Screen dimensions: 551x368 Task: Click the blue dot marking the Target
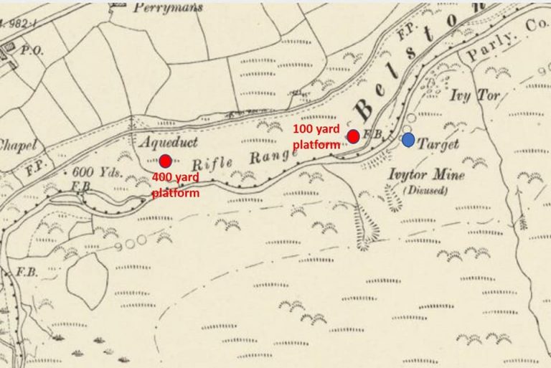click(x=408, y=140)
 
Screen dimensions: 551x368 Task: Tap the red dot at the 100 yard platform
click(x=353, y=136)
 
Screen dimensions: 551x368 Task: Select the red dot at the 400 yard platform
click(x=166, y=161)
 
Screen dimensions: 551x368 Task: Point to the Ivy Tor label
click(x=471, y=95)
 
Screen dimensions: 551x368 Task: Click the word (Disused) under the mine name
click(x=425, y=190)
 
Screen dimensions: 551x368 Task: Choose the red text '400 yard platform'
click(x=176, y=185)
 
